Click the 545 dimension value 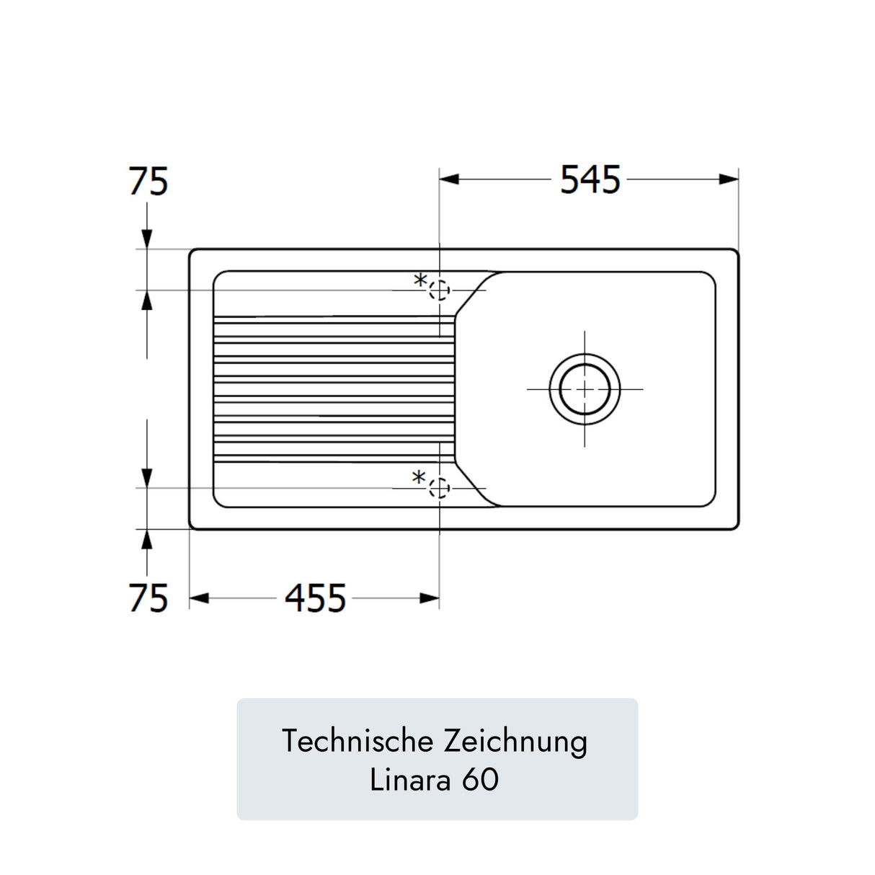coord(590,180)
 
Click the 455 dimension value coord(315,598)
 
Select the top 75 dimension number coord(148,181)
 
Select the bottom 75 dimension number coord(148,598)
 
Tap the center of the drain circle coord(585,388)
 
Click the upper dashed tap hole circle coord(439,290)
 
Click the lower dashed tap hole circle coord(439,488)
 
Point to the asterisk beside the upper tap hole coord(420,281)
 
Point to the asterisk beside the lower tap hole coord(419,478)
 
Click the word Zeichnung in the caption coord(515,742)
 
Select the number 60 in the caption coord(480,780)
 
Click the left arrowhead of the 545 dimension coord(449,179)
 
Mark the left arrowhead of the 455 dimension coord(199,598)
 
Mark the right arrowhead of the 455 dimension coord(430,598)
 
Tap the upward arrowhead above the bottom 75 coord(147,540)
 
